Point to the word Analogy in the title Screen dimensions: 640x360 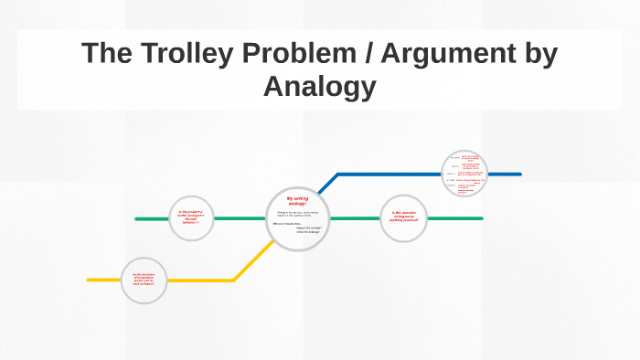tap(319, 87)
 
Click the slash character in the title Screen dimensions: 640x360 tap(368, 55)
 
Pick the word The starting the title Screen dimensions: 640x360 tap(103, 55)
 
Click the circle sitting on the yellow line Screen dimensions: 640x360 tap(144, 280)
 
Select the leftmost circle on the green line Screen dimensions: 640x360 tap(191, 218)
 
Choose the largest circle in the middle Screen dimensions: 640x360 tap(298, 217)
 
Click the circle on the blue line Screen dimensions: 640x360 tap(464, 173)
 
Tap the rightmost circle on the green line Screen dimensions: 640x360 tap(403, 218)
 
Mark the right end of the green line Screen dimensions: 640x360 tap(481, 218)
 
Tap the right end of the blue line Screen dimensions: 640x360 tap(519, 174)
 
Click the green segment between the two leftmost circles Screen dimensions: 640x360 tap(240, 218)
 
